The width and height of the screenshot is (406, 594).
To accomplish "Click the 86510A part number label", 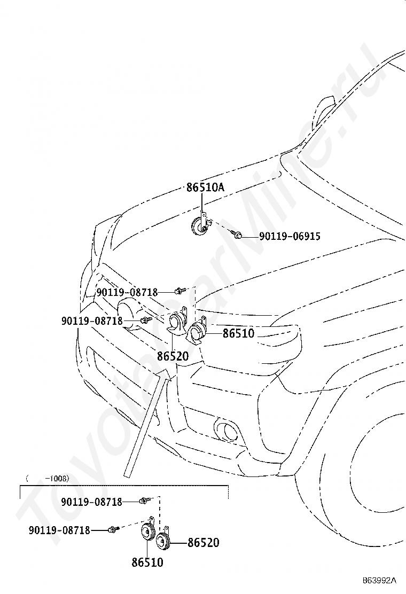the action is click(205, 187).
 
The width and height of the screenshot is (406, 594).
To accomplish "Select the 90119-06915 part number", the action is click(290, 237).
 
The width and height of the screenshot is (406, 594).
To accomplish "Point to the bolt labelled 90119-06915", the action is click(236, 234).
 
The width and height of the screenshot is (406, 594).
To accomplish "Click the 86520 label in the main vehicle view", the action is click(173, 356).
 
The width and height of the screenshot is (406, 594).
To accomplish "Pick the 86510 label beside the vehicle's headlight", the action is click(239, 333).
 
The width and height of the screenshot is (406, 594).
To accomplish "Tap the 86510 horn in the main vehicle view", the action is click(198, 330).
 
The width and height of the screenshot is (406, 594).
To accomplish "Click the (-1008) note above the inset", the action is click(48, 479).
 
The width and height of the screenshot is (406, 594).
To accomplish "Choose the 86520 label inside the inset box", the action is click(204, 543).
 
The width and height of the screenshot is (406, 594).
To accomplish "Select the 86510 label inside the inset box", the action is click(147, 562).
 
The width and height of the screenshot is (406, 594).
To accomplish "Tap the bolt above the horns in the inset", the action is click(145, 501).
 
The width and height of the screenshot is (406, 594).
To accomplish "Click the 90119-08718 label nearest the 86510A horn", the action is click(127, 292).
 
